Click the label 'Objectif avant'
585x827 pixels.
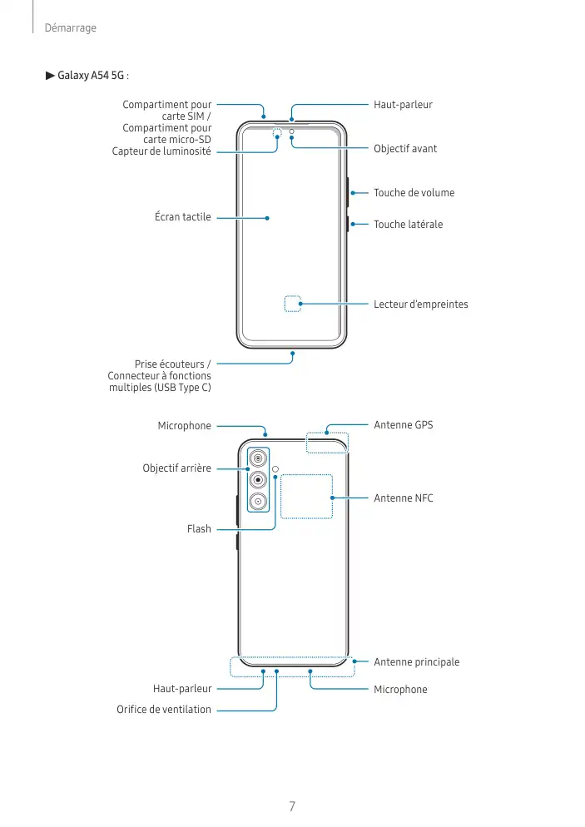(x=405, y=149)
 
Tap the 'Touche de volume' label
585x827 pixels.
(x=414, y=193)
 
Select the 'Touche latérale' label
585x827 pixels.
(x=408, y=225)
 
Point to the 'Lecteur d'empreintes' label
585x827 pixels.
(x=421, y=305)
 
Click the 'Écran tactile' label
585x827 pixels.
(x=182, y=217)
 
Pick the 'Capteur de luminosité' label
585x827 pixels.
(x=161, y=151)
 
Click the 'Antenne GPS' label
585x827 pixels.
(x=404, y=425)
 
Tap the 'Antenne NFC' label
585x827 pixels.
(x=404, y=498)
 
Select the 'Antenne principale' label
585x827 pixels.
(x=416, y=662)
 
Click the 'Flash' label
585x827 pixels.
(x=199, y=529)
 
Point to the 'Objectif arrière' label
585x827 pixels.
(x=176, y=468)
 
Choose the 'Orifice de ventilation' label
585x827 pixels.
(x=164, y=710)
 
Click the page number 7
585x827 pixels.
(x=292, y=806)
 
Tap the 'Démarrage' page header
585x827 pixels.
(x=71, y=28)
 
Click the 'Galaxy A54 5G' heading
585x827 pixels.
(x=92, y=76)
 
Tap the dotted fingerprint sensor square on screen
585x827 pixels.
(x=292, y=304)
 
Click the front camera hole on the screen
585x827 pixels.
(x=291, y=131)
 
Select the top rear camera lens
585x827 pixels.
(x=259, y=458)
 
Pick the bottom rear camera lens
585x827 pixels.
(x=259, y=501)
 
